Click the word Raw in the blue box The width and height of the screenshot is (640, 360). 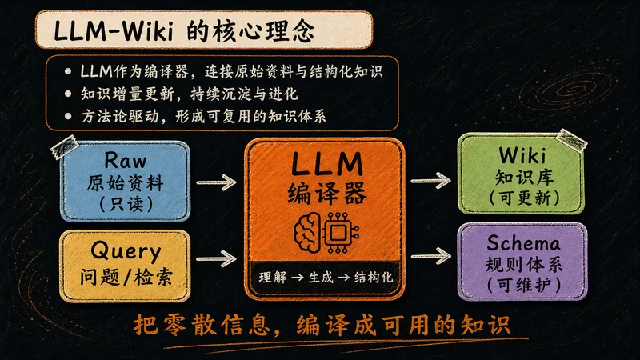(126, 160)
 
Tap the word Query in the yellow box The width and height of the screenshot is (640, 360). (126, 251)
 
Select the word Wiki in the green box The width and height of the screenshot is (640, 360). (522, 155)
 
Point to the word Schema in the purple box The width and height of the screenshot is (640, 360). (523, 243)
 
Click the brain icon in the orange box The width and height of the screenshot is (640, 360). (307, 233)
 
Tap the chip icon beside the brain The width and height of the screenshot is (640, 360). (338, 233)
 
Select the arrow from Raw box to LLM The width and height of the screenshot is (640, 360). (216, 182)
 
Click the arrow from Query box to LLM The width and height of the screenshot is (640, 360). (216, 258)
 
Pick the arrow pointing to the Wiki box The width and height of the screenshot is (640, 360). (430, 181)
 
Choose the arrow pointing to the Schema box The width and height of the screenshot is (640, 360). (430, 256)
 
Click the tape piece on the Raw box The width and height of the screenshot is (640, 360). (64, 147)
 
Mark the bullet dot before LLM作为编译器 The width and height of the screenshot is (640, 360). (68, 71)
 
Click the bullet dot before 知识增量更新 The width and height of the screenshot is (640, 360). (68, 94)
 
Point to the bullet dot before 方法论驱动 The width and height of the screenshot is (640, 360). (68, 116)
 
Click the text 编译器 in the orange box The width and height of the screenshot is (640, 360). (327, 193)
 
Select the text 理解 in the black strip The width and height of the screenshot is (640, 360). (272, 277)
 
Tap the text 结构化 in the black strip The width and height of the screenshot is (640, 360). (373, 277)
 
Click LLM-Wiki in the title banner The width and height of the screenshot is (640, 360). (114, 31)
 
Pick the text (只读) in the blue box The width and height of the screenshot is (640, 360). (126, 204)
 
